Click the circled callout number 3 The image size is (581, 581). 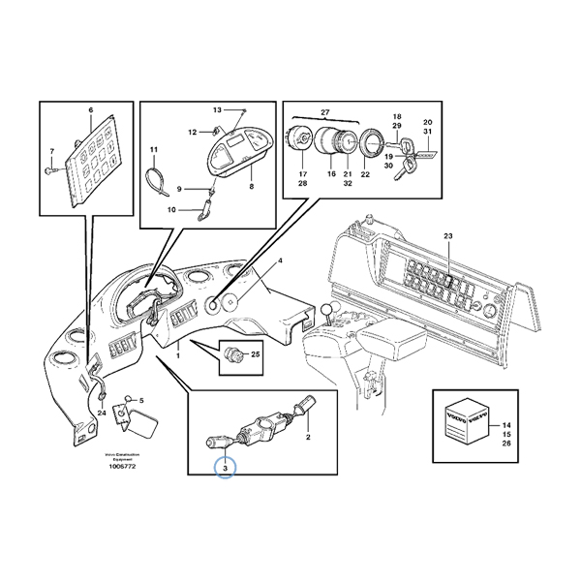tap(225, 470)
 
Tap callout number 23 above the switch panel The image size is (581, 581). tap(447, 236)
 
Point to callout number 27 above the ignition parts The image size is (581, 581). tap(324, 112)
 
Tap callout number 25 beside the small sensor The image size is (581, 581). tap(256, 353)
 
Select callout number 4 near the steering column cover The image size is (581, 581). tap(281, 261)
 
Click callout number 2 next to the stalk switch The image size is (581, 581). tap(308, 438)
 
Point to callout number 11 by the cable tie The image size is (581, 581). tap(153, 149)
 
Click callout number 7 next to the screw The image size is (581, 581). tap(52, 150)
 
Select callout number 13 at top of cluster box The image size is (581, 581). tap(217, 110)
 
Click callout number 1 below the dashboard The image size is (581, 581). tap(177, 357)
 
